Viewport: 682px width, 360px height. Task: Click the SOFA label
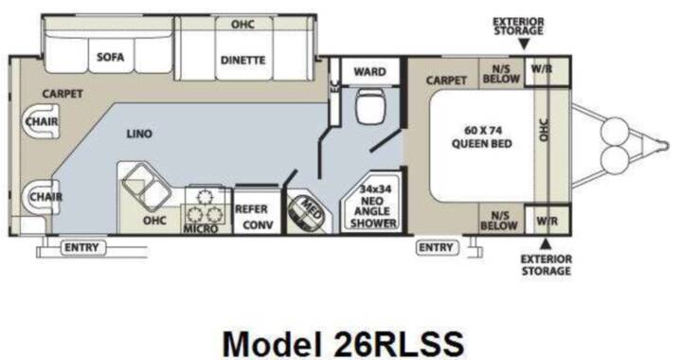coord(110,57)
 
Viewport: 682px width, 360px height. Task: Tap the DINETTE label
coord(242,60)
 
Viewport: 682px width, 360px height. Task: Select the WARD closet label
coord(369,72)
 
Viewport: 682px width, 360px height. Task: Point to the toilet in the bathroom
coord(370,107)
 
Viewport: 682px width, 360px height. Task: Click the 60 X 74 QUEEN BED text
coord(482,137)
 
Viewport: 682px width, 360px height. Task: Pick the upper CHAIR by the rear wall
coord(42,121)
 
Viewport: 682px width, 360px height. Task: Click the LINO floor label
coord(139,134)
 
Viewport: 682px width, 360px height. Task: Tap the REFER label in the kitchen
coord(251,209)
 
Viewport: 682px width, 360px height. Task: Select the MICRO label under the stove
coord(201,228)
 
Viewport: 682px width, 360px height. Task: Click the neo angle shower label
coord(373,207)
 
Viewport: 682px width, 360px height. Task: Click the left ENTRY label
coord(81,248)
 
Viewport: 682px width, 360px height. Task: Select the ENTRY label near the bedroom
coord(436,248)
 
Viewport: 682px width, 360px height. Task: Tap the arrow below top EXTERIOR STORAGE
coord(524,45)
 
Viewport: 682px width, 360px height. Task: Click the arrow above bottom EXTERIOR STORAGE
coord(547,243)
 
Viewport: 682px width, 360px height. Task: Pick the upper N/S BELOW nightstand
coord(501,74)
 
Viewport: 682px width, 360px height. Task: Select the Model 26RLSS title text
coord(343,344)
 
